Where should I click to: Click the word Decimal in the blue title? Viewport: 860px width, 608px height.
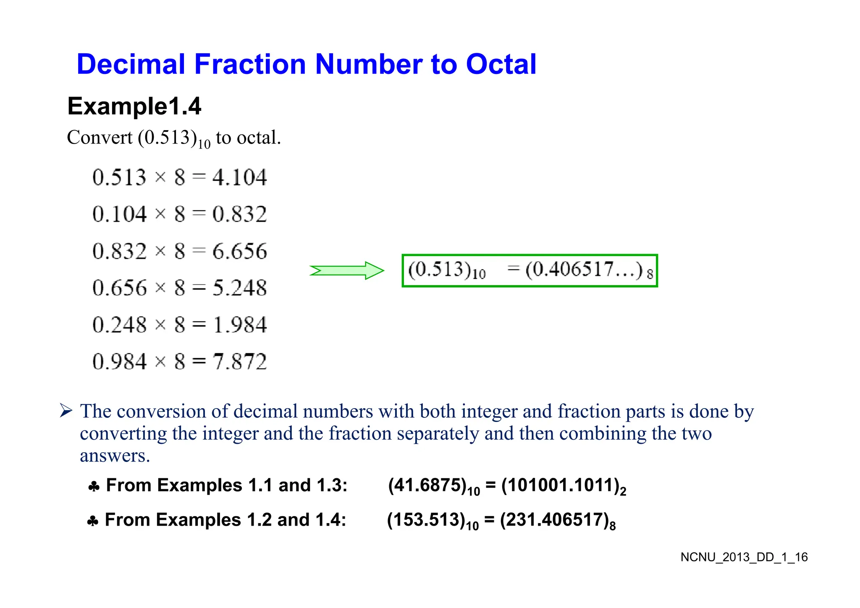(131, 64)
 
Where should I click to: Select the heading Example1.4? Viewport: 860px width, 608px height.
(134, 106)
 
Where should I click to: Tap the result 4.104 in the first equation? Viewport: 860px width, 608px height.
(239, 177)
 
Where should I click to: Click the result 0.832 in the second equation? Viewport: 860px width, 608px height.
(239, 214)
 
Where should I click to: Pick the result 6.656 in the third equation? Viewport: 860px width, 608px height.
(239, 251)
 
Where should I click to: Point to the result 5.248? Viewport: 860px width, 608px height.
(239, 288)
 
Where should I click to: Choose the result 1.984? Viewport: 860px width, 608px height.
(239, 325)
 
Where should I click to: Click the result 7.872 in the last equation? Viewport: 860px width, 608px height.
(239, 362)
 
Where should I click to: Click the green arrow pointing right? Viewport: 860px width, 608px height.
(347, 270)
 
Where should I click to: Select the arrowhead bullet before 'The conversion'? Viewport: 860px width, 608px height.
(66, 410)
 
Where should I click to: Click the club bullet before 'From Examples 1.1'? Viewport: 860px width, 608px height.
(94, 487)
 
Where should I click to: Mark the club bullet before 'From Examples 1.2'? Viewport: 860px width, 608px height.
(92, 521)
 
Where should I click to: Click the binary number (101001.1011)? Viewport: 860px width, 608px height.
(561, 485)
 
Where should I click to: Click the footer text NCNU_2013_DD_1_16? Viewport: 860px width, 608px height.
(744, 557)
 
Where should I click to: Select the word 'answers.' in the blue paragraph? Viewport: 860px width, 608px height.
(115, 456)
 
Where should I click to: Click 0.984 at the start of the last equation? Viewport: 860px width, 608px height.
(120, 362)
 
